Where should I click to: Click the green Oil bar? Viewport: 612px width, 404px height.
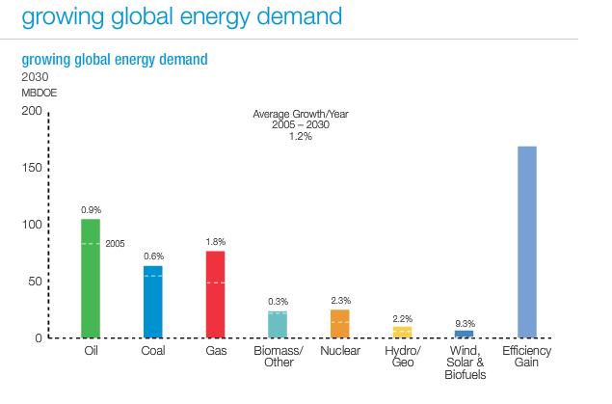(x=91, y=279)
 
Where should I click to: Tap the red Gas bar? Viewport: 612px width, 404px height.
(x=215, y=294)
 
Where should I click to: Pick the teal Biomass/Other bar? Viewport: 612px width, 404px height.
(x=278, y=324)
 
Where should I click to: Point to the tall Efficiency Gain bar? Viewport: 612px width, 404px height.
(x=527, y=242)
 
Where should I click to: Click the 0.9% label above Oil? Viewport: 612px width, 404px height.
(x=92, y=209)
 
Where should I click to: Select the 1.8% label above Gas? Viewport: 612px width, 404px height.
(x=215, y=241)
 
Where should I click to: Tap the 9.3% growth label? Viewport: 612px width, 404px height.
(x=465, y=323)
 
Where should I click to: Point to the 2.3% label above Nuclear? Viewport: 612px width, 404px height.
(x=340, y=300)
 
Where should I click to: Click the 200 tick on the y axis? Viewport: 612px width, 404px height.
(x=32, y=112)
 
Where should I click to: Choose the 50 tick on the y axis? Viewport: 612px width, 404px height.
(x=35, y=282)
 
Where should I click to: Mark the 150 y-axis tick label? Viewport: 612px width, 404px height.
(x=32, y=169)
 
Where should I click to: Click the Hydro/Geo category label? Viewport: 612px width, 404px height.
(x=403, y=357)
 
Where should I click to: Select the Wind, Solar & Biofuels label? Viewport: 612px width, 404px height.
(x=465, y=363)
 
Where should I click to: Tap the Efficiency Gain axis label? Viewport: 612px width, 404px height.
(x=527, y=357)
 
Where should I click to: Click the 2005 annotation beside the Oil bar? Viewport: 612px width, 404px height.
(x=116, y=243)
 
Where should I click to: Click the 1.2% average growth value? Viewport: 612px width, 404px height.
(x=300, y=136)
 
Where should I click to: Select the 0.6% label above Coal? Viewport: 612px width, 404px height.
(x=153, y=256)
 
